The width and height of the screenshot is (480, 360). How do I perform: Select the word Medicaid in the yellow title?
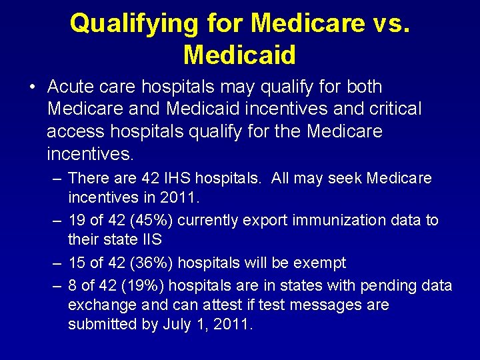click(x=239, y=55)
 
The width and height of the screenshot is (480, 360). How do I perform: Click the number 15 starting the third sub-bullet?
click(x=77, y=263)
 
